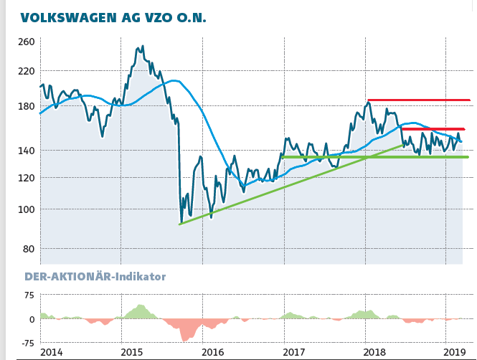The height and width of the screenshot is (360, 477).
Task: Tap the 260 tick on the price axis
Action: pyautogui.click(x=26, y=42)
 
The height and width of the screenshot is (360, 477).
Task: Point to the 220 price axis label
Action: pyautogui.click(x=26, y=71)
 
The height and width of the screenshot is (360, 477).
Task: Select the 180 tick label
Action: pyautogui.click(x=26, y=106)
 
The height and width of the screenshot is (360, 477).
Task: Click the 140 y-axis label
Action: pyautogui.click(x=26, y=151)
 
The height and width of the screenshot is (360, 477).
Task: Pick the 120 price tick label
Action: pyautogui.click(x=26, y=178)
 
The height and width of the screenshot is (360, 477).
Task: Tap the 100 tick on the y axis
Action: pyautogui.click(x=26, y=209)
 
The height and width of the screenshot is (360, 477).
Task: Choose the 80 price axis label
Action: pyautogui.click(x=28, y=249)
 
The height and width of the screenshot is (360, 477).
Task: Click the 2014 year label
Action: pyautogui.click(x=51, y=352)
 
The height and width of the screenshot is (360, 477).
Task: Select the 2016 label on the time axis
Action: pyautogui.click(x=213, y=352)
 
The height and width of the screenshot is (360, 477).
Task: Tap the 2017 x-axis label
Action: pyautogui.click(x=294, y=352)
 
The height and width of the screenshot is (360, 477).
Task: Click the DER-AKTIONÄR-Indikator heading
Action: pyautogui.click(x=95, y=276)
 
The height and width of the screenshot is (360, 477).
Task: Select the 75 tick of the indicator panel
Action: pyautogui.click(x=29, y=295)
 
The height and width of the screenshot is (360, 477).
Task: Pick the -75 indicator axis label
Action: pyautogui.click(x=27, y=343)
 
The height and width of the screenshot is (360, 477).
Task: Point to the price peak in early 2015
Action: pyautogui.click(x=142, y=47)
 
